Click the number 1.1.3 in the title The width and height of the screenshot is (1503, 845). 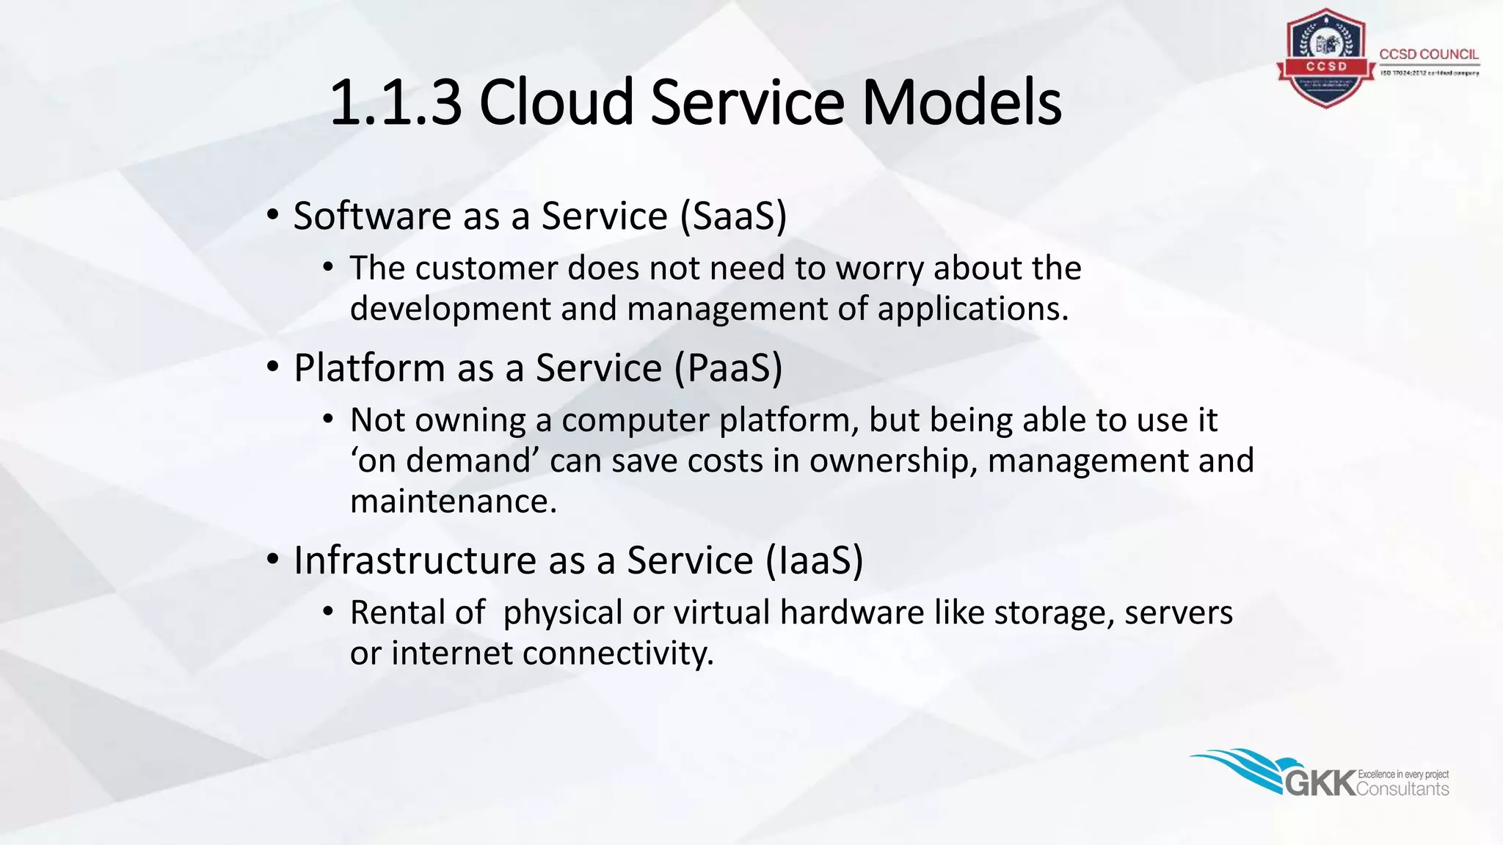tap(396, 103)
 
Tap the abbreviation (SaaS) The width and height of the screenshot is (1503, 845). tap(733, 216)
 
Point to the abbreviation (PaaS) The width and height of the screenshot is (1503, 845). tap(728, 368)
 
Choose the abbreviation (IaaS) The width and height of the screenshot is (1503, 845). tap(815, 561)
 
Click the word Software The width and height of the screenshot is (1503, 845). tap(372, 216)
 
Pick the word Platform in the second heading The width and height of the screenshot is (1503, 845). tap(369, 368)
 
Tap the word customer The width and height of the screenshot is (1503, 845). tap(486, 268)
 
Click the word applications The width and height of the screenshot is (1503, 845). tap(972, 310)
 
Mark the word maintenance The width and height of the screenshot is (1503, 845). tap(453, 502)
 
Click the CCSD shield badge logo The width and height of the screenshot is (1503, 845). tap(1325, 59)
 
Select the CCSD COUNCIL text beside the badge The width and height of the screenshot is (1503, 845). tap(1428, 54)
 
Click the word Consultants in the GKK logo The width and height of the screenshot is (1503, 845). tap(1402, 789)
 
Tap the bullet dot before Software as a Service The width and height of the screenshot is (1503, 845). tap(273, 215)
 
